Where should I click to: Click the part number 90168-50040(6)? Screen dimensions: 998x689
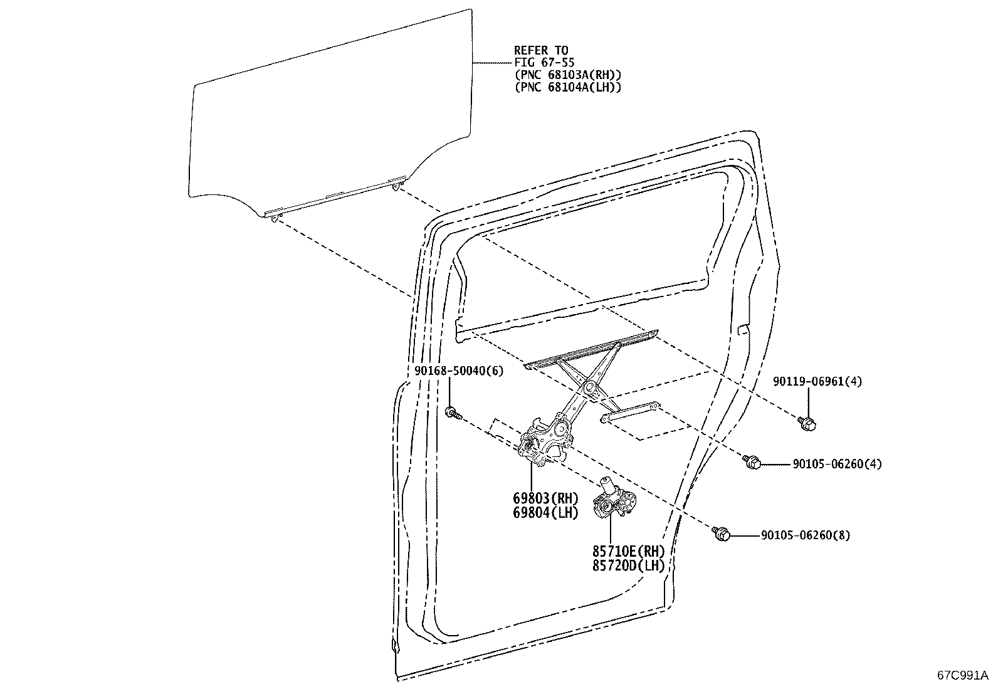coord(459,371)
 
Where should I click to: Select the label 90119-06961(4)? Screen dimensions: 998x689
coord(817,382)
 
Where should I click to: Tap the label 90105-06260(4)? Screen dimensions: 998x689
coord(837,464)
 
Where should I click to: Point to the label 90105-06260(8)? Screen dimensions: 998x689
coord(806,535)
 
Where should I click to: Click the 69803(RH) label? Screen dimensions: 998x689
coord(545,498)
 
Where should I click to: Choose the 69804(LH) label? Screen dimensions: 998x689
coord(545,513)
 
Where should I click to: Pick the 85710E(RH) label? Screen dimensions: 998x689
coord(628,551)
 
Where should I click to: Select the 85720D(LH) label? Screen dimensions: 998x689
coord(628,565)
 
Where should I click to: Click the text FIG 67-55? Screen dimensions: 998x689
coord(544,63)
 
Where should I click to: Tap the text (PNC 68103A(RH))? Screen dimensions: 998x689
coord(568,75)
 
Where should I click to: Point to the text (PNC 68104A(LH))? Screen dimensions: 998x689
coord(568,87)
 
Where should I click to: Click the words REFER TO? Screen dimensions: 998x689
coord(542,50)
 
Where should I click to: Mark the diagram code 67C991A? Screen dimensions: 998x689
coord(962,675)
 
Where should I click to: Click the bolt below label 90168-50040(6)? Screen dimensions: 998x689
coord(453,413)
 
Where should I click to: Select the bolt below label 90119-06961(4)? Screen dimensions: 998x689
coord(807,423)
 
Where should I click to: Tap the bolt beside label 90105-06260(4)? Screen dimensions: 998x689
coord(751,461)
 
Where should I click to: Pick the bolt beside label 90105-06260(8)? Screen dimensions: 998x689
coord(720,534)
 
